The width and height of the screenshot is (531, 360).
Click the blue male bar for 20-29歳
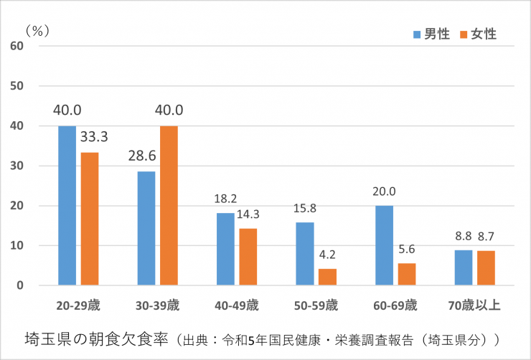tap(67, 206)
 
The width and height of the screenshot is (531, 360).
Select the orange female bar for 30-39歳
tap(169, 206)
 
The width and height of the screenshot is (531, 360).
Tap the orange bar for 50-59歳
tap(327, 277)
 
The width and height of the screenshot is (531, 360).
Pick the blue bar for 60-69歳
tap(384, 245)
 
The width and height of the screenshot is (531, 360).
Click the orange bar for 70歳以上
tap(486, 267)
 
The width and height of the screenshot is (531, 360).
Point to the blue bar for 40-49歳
tap(225, 249)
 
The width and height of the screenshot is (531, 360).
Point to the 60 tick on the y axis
tap(17, 46)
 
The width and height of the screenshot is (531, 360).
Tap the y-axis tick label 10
tap(17, 246)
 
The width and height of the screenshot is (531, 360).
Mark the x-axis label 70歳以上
tap(474, 305)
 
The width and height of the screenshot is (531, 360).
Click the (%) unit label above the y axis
tap(36, 30)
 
